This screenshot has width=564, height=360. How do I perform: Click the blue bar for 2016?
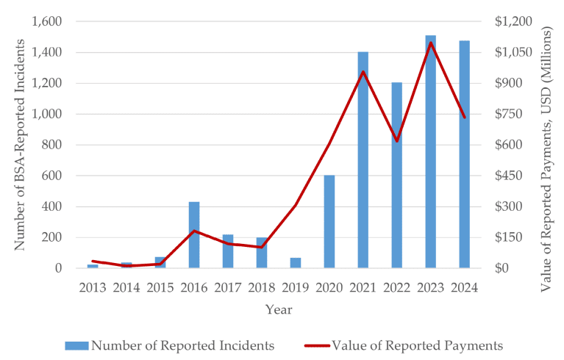pyautogui.click(x=194, y=235)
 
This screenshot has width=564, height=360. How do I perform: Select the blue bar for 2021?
pyautogui.click(x=363, y=169)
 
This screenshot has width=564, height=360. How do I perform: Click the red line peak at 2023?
pyautogui.click(x=431, y=43)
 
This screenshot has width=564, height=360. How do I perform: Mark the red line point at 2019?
pyautogui.click(x=296, y=205)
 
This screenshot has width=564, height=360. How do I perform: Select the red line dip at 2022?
pyautogui.click(x=397, y=140)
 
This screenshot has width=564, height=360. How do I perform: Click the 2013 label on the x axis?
pyautogui.click(x=93, y=287)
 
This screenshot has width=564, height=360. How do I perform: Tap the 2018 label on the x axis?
pyautogui.click(x=262, y=287)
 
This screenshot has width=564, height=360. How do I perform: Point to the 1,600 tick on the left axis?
pyautogui.click(x=47, y=21)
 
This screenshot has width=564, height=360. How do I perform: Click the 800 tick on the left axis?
pyautogui.click(x=54, y=145)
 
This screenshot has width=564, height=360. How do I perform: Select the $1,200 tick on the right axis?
pyautogui.click(x=512, y=21)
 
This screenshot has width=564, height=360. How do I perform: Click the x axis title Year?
pyautogui.click(x=279, y=309)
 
